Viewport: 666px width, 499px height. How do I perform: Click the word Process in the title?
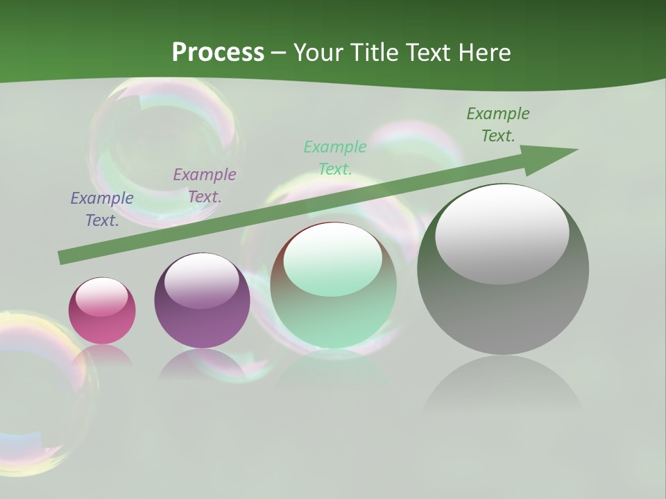click(218, 52)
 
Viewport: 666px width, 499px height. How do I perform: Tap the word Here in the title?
click(483, 52)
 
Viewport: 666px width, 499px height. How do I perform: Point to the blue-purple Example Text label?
click(102, 209)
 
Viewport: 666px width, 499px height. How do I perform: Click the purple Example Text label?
click(205, 186)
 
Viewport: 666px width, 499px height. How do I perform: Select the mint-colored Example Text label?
click(335, 158)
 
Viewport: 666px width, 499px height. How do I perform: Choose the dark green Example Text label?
click(498, 125)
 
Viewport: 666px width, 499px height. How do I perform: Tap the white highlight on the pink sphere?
click(102, 297)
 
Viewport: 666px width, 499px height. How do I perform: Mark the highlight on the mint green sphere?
click(333, 260)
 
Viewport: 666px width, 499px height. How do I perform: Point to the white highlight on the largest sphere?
click(502, 234)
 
